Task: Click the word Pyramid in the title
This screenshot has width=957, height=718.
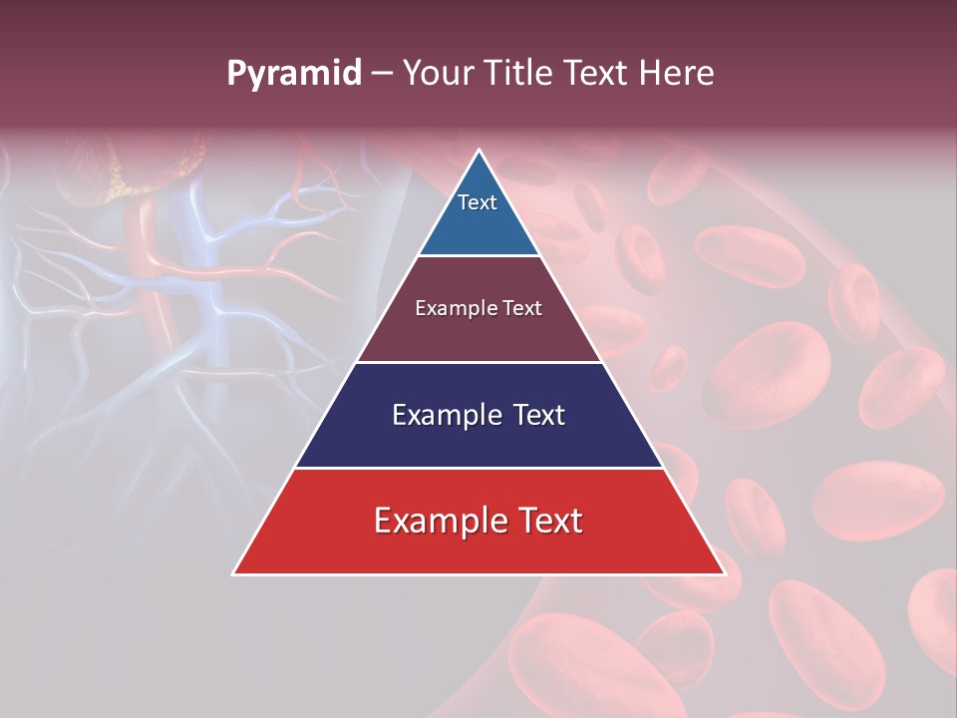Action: [293, 74]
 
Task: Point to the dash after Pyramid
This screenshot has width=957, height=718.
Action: [382, 74]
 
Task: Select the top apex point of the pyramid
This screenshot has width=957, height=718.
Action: [478, 151]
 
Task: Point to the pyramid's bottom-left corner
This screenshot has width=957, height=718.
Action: [234, 573]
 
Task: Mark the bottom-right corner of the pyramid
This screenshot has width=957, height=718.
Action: [723, 573]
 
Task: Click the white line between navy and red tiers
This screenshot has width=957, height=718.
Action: [478, 468]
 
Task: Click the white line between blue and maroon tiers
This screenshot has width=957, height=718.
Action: [478, 256]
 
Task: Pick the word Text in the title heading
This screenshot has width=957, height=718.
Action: [598, 73]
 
